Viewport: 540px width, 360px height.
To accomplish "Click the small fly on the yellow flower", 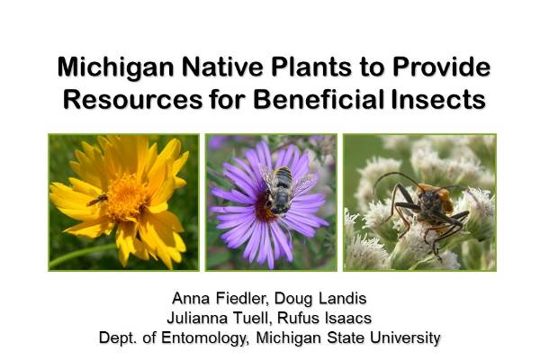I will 98,199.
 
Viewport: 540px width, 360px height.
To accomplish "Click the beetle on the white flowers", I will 422,211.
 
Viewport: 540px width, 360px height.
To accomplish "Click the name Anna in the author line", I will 192,299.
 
